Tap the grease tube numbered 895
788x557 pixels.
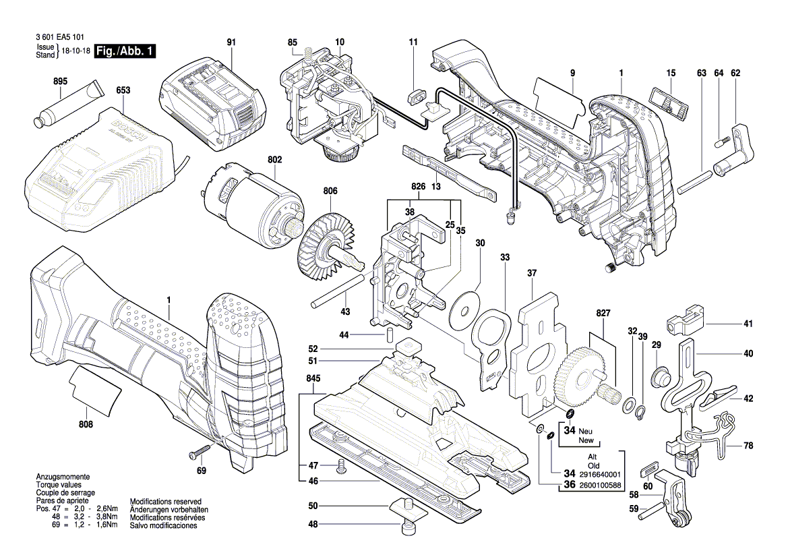[x=68, y=105]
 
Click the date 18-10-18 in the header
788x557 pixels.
[x=75, y=51]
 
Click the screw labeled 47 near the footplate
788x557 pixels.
[x=340, y=465]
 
